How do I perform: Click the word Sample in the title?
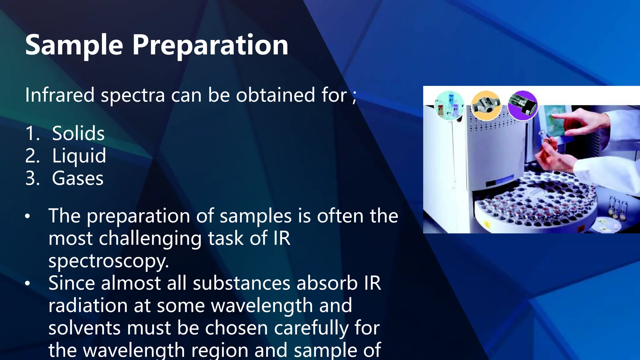tap(74, 46)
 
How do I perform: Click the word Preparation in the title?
tap(210, 46)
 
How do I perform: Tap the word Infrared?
tap(59, 95)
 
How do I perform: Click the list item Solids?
tap(78, 133)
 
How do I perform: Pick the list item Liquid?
tap(79, 156)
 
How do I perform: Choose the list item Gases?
tap(77, 178)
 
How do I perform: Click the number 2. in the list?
tap(32, 156)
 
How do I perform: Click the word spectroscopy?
tap(108, 261)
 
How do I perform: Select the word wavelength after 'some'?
tap(262, 306)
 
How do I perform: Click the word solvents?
tap(84, 328)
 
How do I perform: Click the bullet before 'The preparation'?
tap(28, 216)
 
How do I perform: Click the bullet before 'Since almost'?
tap(28, 283)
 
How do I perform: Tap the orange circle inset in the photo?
tap(486, 106)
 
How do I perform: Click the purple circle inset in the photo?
tap(522, 106)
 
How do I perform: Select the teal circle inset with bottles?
tap(449, 106)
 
